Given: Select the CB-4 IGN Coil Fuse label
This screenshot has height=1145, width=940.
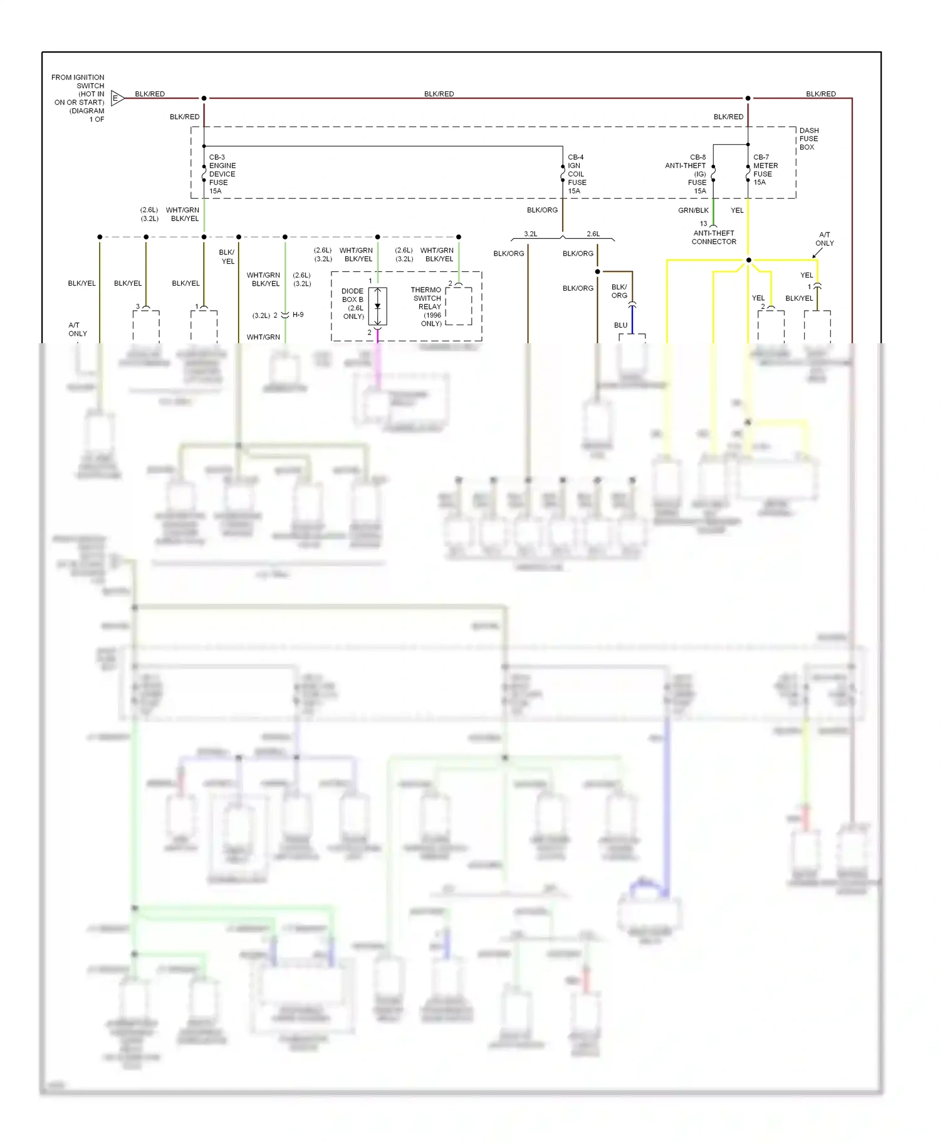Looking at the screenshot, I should tap(577, 174).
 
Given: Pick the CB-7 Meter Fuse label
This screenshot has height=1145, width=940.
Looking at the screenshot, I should tap(765, 170).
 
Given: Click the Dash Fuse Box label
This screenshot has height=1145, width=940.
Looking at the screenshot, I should tap(808, 139).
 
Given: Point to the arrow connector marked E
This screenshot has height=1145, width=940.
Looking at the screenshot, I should tap(117, 98).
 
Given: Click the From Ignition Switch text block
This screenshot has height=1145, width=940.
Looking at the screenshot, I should tap(79, 98).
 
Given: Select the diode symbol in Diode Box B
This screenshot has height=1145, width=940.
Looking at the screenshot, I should tap(377, 306).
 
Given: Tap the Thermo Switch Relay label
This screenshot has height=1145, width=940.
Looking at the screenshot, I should tap(427, 306).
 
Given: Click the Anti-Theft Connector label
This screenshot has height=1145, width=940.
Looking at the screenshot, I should tap(714, 237).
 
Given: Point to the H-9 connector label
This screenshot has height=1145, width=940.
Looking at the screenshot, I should tap(298, 315).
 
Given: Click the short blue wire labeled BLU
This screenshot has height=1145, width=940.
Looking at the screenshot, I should tap(632, 321).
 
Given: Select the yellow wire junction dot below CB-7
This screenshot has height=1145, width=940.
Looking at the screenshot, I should tap(748, 260).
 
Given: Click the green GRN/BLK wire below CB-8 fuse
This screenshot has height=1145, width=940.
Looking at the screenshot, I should tap(713, 212).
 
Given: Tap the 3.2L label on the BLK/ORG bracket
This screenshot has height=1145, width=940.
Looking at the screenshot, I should tap(531, 234).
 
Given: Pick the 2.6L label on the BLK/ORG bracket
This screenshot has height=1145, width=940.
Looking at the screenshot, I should tap(593, 234).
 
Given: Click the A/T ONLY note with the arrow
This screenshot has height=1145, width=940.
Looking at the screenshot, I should tap(824, 239).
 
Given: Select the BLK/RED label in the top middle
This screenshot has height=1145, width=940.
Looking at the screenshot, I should tap(439, 94).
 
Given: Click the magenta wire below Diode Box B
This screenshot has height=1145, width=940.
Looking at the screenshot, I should tap(377, 336).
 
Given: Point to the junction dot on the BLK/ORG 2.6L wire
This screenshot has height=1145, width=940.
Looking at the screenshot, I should tap(597, 272).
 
